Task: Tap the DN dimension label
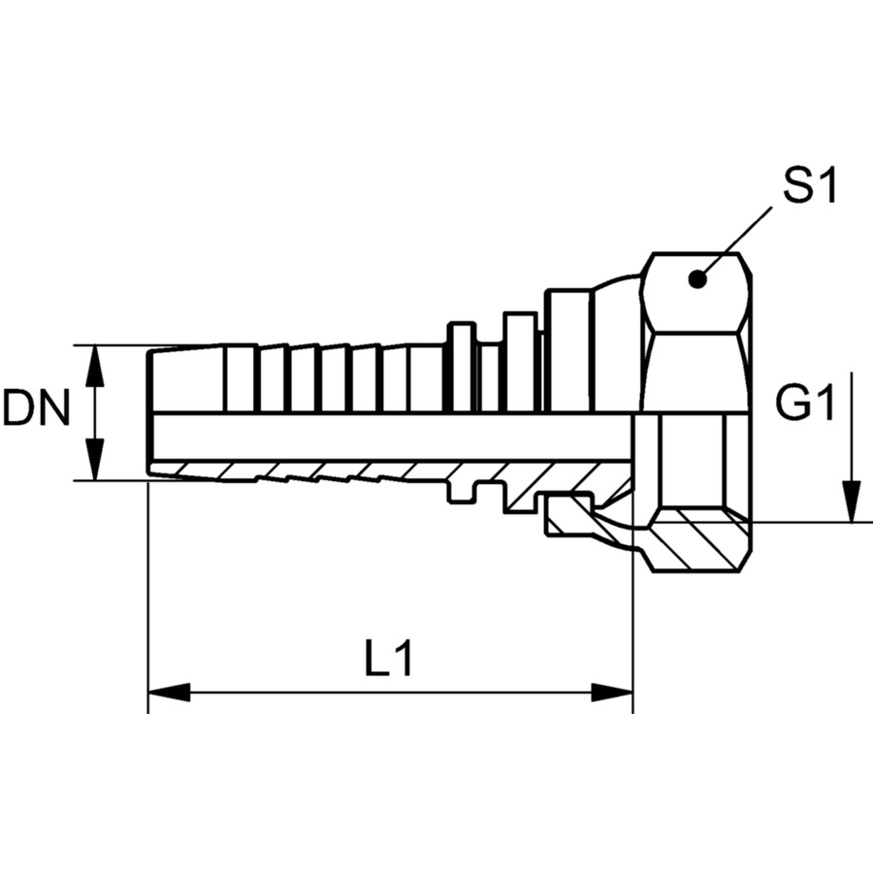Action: coord(37,408)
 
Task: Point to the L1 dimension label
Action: coord(389,658)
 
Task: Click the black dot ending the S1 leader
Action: coord(697,279)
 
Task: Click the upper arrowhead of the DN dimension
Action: coord(95,366)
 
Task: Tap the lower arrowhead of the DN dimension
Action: coord(95,460)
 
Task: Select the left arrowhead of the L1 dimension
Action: coord(169,694)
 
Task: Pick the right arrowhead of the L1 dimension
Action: coord(612,694)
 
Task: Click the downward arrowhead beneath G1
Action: coord(852,502)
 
